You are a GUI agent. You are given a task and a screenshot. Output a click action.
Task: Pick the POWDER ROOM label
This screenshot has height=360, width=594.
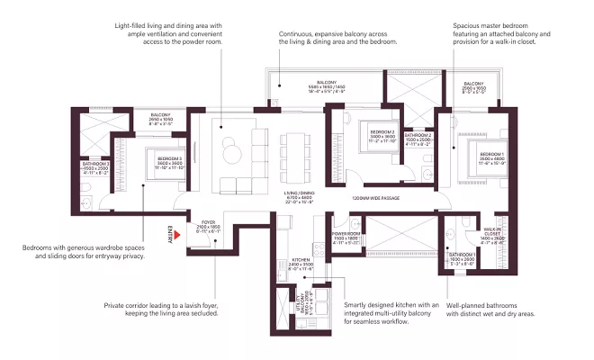click(346, 236)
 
